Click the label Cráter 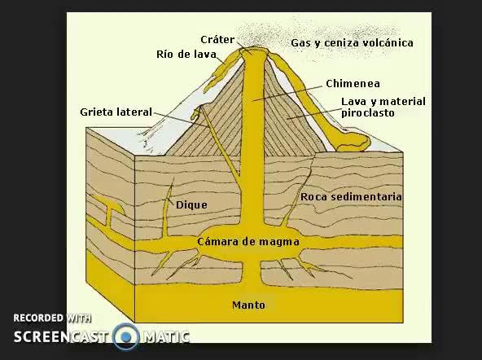pos(217,40)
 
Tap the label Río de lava pos(186,55)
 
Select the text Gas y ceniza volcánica pos(352,43)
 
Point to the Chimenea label pos(353,84)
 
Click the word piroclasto pos(368,113)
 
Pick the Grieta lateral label pos(116,112)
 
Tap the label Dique pos(191,205)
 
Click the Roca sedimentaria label pos(351,197)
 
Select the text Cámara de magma pos(248,242)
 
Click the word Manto pos(248,305)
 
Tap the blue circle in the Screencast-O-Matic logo pos(126,336)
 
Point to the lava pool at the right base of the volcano pos(353,142)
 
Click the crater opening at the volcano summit pos(252,49)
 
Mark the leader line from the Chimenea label pos(289,94)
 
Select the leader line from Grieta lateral pos(182,120)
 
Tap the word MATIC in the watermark pos(166,337)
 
